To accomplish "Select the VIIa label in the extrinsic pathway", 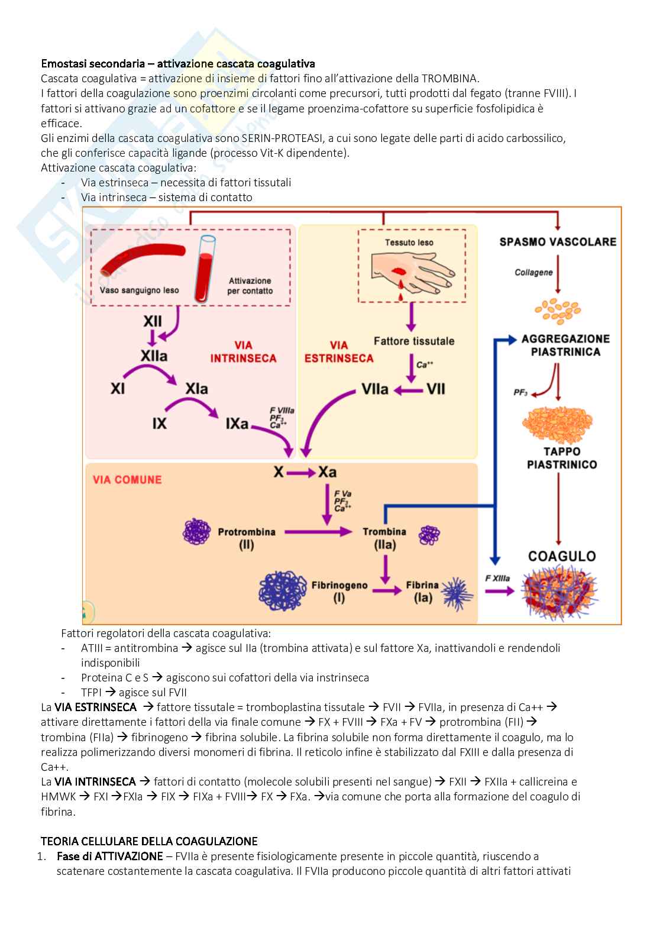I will pyautogui.click(x=375, y=389).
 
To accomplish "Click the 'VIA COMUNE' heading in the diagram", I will pyautogui.click(x=127, y=479).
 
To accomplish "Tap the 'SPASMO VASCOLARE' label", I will pyautogui.click(x=558, y=241).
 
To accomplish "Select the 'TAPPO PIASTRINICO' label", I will pyautogui.click(x=554, y=458).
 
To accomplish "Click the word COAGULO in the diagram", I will pyautogui.click(x=554, y=556).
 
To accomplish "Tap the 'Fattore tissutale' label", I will pyautogui.click(x=414, y=341).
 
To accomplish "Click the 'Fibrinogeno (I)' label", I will pyautogui.click(x=339, y=591).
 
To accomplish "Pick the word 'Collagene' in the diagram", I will pyautogui.click(x=533, y=273).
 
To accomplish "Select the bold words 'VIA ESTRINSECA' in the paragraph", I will pyautogui.click(x=95, y=707).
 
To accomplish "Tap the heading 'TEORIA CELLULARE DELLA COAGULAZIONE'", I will pyautogui.click(x=148, y=841).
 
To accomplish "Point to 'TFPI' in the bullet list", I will pyautogui.click(x=92, y=692).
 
